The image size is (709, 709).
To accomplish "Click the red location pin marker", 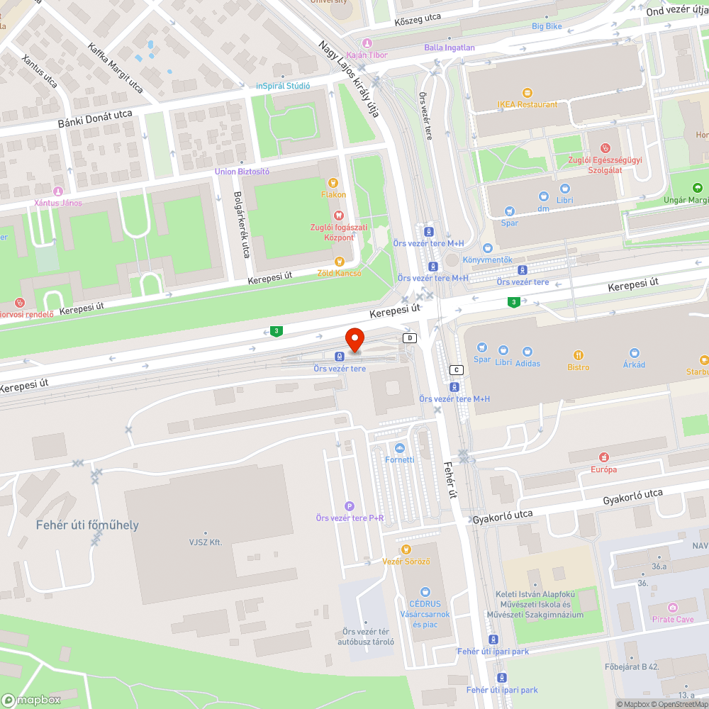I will coord(354,338).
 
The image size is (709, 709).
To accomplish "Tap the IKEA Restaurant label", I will coord(527,104).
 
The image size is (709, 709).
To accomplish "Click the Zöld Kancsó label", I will coord(339,273).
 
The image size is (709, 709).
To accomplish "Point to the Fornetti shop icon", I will coord(400,448).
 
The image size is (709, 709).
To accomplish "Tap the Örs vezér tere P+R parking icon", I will coord(349,506).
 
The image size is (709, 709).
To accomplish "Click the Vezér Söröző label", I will coord(406,561).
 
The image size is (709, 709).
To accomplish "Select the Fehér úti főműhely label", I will coord(87,525).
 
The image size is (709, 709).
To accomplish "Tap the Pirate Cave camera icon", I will coord(673,608).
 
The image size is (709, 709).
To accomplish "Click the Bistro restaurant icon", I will coord(579,355).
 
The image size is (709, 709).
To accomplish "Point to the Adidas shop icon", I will coord(527,352).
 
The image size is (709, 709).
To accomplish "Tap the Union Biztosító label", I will coord(242,172).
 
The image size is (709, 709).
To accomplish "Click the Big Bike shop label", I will coord(547,26).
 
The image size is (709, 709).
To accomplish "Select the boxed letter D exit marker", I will coord(409,338).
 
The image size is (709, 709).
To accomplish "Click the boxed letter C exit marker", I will coord(457,370).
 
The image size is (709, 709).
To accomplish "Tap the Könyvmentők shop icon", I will coord(488,248).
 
